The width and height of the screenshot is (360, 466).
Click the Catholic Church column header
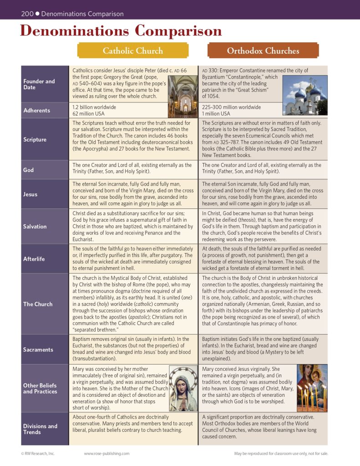(x=133, y=51)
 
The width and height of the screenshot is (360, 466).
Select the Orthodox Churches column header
(x=263, y=51)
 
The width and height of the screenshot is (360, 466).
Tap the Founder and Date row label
(x=39, y=84)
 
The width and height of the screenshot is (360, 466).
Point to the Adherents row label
(x=37, y=110)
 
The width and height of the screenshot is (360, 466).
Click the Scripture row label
(x=35, y=140)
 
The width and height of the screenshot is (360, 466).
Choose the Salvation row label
(x=35, y=226)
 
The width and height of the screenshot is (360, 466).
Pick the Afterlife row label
(x=34, y=259)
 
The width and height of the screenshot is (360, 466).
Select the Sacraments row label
(x=38, y=349)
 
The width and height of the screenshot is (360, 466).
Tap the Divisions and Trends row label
(x=40, y=429)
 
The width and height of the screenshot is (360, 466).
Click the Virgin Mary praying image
(x=183, y=388)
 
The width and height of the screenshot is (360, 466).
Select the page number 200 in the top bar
(x=27, y=14)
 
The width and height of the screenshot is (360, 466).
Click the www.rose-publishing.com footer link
(x=106, y=453)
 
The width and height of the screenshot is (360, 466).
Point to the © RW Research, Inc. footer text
(x=38, y=453)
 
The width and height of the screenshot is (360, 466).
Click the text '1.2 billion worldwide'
(x=94, y=107)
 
